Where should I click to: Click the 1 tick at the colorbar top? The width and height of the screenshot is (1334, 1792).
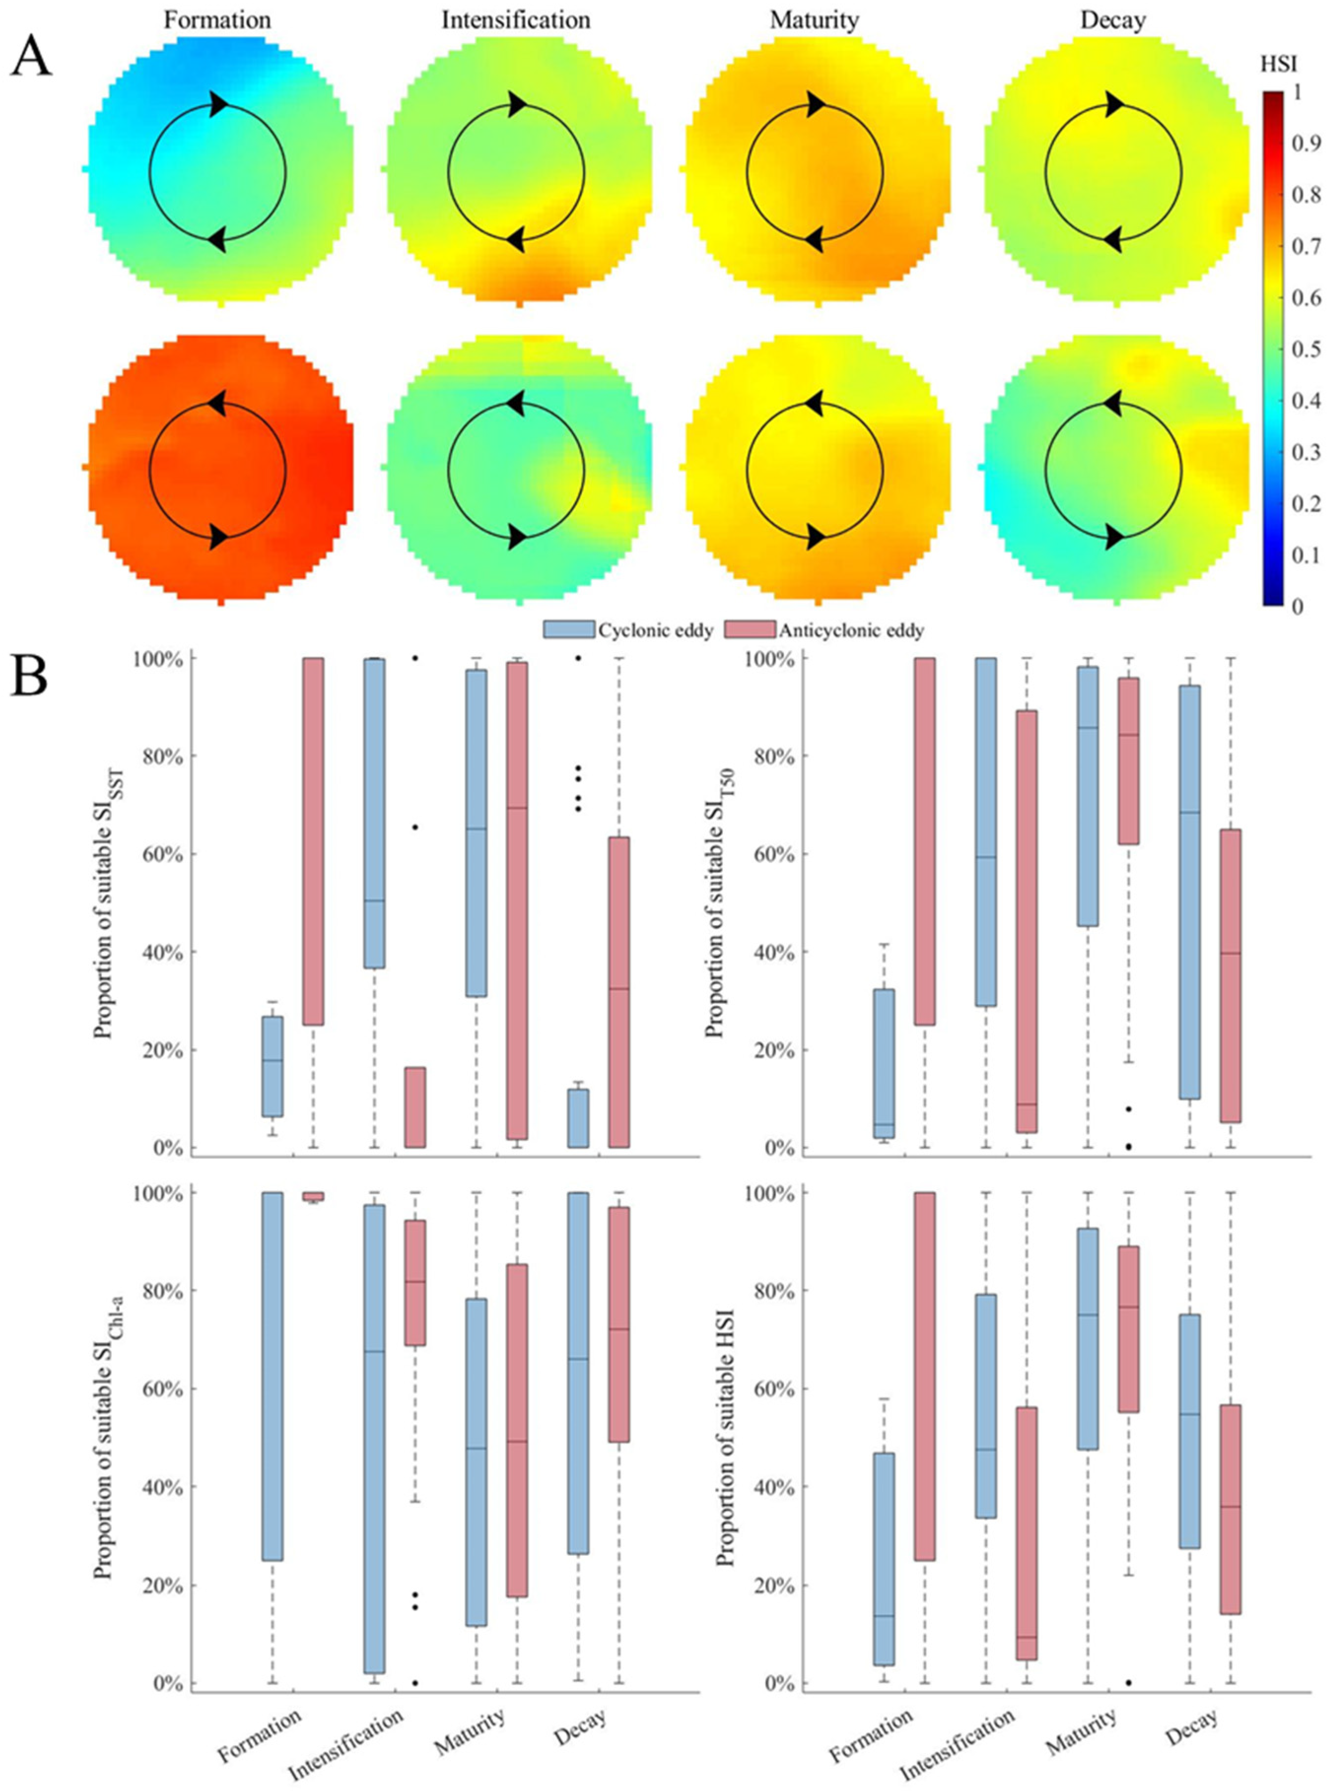click(1297, 93)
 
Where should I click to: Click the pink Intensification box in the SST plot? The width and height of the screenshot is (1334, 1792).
click(415, 1106)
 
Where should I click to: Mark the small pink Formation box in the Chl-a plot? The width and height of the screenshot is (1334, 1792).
click(312, 1196)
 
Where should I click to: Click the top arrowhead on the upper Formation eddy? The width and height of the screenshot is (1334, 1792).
click(218, 103)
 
